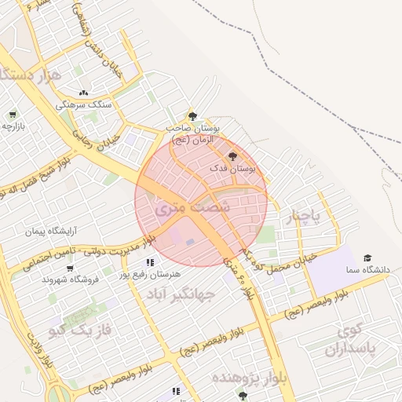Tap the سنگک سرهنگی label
coord(83,104)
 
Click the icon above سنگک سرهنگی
coord(83,93)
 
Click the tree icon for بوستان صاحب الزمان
coord(192,116)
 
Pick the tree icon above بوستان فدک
coord(231,156)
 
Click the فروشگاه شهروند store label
coord(69,280)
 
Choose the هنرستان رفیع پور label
coord(149,274)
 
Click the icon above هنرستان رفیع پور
coord(149,262)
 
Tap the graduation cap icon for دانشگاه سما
coord(367,258)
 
